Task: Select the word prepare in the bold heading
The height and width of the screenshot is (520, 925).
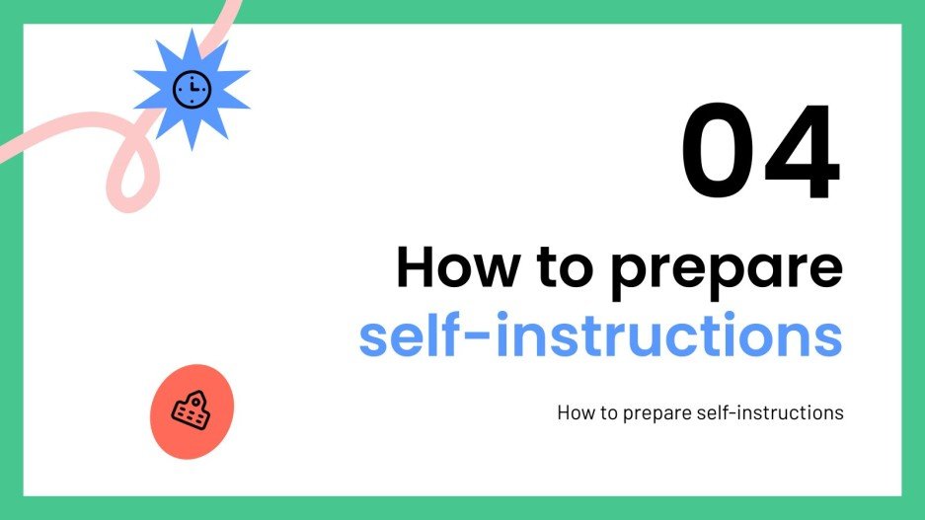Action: click(x=728, y=269)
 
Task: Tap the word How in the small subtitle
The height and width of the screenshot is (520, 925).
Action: click(x=575, y=412)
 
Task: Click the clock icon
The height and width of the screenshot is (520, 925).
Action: click(x=192, y=90)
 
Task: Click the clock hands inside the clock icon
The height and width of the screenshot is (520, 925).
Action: click(x=193, y=88)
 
